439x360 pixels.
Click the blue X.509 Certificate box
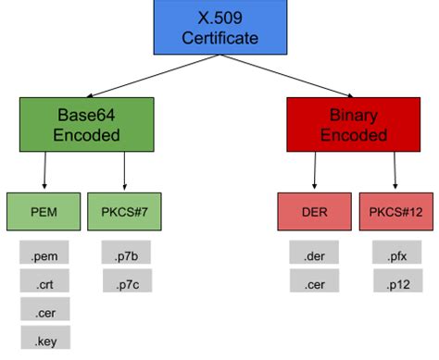click(x=219, y=27)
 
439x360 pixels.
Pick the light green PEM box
click(x=44, y=211)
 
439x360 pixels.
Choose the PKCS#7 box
click(x=124, y=211)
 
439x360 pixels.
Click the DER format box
click(x=313, y=211)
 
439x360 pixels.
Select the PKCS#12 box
click(x=395, y=211)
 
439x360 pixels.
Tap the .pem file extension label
click(x=44, y=253)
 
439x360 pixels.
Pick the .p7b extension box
click(x=125, y=253)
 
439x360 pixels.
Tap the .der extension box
click(x=313, y=253)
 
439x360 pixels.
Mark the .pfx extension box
click(x=395, y=253)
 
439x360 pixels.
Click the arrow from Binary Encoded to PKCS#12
click(x=395, y=169)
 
